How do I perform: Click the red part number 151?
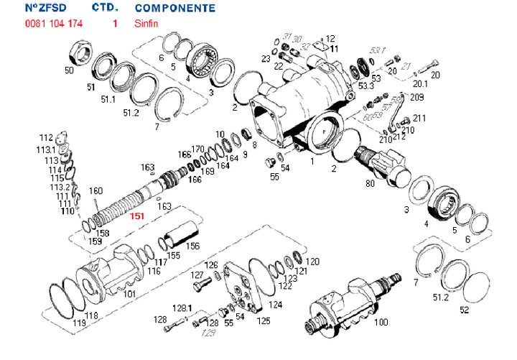point(136,216)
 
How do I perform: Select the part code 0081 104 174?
point(53,24)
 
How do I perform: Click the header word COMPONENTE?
point(174,9)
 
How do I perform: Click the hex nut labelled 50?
point(78,52)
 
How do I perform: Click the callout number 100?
point(382,323)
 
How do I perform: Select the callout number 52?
point(464,310)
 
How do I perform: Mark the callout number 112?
point(46,137)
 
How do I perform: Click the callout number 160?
point(96,191)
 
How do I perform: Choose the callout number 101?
point(129,294)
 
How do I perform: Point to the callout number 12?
point(330,38)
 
